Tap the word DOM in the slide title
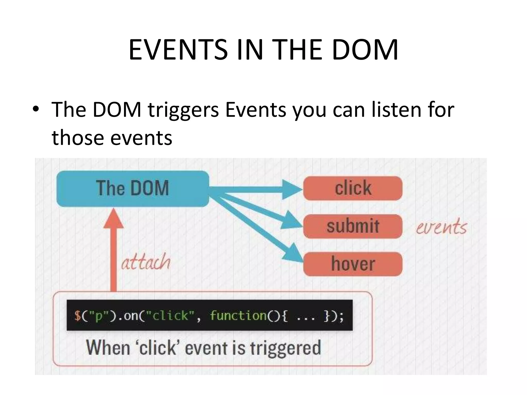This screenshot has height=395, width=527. point(365,50)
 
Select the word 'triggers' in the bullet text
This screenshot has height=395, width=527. point(183,110)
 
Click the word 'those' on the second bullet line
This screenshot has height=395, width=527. point(77,138)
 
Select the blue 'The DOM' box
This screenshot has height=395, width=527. point(133,188)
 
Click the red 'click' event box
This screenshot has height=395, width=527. point(353,188)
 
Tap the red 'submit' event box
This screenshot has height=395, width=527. point(353,226)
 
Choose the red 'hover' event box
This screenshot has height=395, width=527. point(353,264)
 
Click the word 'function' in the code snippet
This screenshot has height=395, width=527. point(238,315)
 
